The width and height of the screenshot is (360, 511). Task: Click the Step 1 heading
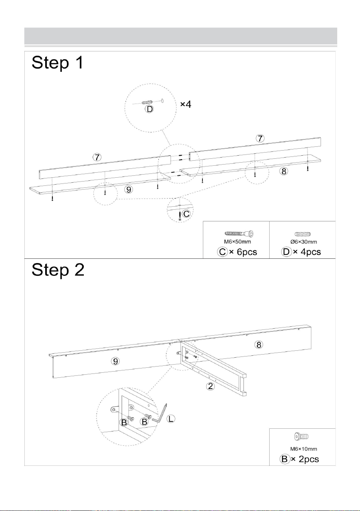pyautogui.click(x=57, y=63)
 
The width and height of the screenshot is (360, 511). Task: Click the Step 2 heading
pyautogui.click(x=58, y=270)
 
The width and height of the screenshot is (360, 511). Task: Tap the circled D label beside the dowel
pyautogui.click(x=149, y=109)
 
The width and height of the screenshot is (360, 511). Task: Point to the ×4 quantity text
pyautogui.click(x=186, y=105)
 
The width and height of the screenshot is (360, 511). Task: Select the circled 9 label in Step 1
pyautogui.click(x=129, y=189)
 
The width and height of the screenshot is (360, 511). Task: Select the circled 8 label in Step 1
pyautogui.click(x=284, y=171)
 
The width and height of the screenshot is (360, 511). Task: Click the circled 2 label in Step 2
pyautogui.click(x=210, y=386)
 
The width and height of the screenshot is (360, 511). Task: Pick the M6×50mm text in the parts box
pyautogui.click(x=237, y=241)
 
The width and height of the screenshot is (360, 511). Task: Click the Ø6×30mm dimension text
pyautogui.click(x=304, y=242)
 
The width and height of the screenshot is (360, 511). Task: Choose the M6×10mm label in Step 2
pyautogui.click(x=304, y=449)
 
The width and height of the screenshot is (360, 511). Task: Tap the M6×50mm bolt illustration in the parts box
pyautogui.click(x=239, y=234)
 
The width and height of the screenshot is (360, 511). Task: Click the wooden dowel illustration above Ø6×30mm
pyautogui.click(x=302, y=234)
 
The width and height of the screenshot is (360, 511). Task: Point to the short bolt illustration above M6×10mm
pyautogui.click(x=301, y=436)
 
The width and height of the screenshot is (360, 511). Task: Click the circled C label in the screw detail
pyautogui.click(x=187, y=214)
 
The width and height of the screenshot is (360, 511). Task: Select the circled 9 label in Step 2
pyautogui.click(x=115, y=361)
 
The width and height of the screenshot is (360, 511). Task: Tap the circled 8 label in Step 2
pyautogui.click(x=259, y=345)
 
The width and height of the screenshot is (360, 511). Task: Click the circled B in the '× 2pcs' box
pyautogui.click(x=285, y=459)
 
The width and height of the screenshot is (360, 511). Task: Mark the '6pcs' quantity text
pyautogui.click(x=247, y=252)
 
